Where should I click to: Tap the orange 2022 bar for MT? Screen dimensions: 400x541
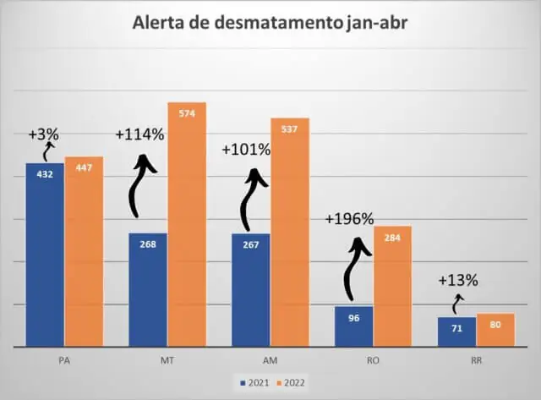pyautogui.click(x=187, y=224)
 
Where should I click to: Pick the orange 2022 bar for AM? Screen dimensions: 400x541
pyautogui.click(x=290, y=233)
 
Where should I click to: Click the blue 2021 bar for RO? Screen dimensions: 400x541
pyautogui.click(x=353, y=326)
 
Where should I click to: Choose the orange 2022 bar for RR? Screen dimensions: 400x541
pyautogui.click(x=495, y=329)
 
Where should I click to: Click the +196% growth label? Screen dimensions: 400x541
pyautogui.click(x=349, y=219)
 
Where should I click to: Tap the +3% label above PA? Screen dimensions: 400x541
pyautogui.click(x=43, y=134)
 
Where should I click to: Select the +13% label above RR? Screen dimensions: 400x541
pyautogui.click(x=458, y=280)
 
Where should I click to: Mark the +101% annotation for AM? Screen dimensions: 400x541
pyautogui.click(x=246, y=150)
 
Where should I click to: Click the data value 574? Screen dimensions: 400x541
pyautogui.click(x=187, y=113)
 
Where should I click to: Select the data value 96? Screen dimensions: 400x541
pyautogui.click(x=353, y=318)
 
